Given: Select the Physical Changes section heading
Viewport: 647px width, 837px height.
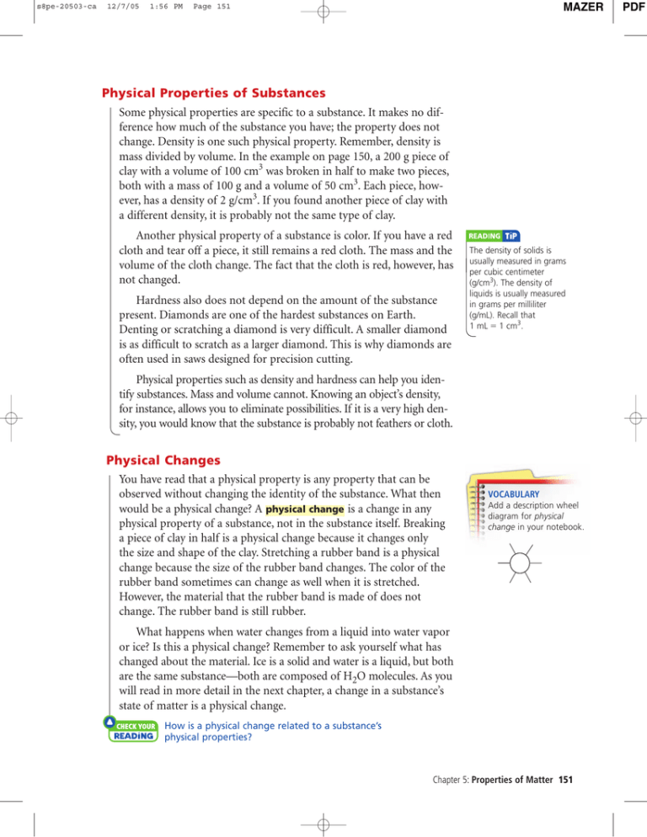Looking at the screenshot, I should click(159, 461).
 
